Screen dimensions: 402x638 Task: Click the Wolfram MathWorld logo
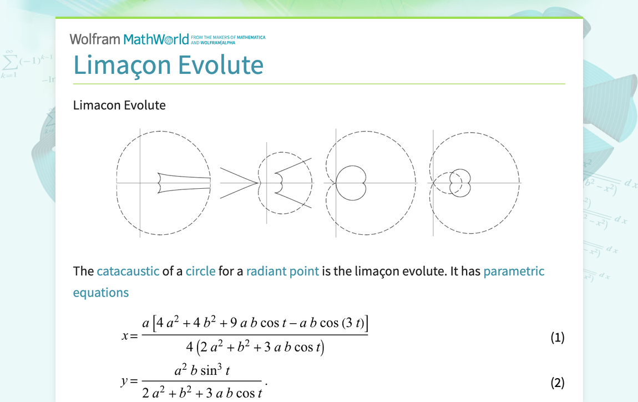(x=129, y=39)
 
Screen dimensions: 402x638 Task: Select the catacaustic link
(x=128, y=271)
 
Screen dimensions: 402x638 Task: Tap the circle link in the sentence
(x=200, y=271)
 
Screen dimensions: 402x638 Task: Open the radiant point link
(x=282, y=271)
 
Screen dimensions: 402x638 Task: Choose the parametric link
(x=514, y=271)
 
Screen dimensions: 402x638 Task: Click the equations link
(x=100, y=293)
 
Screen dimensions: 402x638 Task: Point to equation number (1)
(x=557, y=337)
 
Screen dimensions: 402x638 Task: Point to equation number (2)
(x=557, y=382)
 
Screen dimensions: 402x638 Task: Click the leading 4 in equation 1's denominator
(x=190, y=348)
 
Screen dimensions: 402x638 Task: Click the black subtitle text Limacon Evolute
(x=119, y=105)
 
